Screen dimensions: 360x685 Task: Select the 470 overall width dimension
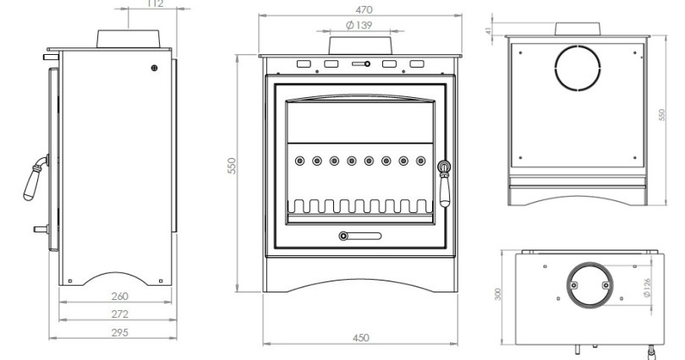coord(364,9)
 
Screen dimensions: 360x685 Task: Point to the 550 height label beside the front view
coord(243,166)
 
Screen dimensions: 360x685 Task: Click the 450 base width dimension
coord(360,338)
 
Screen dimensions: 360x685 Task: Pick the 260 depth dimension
coord(119,297)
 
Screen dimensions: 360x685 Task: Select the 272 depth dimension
coord(119,314)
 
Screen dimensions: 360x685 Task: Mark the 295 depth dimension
coord(119,332)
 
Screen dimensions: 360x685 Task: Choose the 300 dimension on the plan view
coord(498,293)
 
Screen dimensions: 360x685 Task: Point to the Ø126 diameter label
coord(647,289)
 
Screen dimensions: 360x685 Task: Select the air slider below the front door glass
coord(360,236)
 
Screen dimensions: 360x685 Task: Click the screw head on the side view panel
coord(154,68)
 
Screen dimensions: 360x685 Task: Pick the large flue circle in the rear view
coord(578,68)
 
